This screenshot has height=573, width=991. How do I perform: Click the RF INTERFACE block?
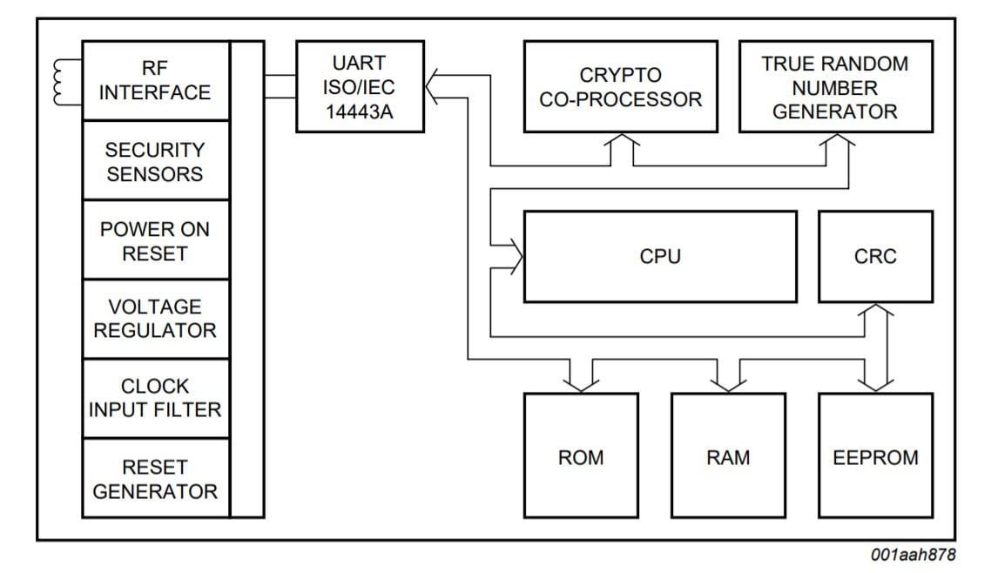pyautogui.click(x=156, y=80)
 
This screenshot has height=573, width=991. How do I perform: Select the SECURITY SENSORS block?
pyautogui.click(x=156, y=161)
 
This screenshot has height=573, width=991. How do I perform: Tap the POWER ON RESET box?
pyautogui.click(x=156, y=240)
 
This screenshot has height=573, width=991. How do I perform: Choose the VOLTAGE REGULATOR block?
pyautogui.click(x=156, y=319)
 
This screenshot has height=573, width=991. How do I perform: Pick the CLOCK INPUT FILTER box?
pyautogui.click(x=156, y=398)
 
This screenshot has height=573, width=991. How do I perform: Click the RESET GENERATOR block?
pyautogui.click(x=156, y=479)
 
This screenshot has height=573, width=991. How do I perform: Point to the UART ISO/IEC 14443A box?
pyautogui.click(x=359, y=87)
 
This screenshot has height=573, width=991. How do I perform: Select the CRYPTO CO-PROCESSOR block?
pyautogui.click(x=620, y=87)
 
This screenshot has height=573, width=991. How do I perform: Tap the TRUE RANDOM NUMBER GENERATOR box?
pyautogui.click(x=834, y=87)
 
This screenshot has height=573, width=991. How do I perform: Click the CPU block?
pyautogui.click(x=659, y=256)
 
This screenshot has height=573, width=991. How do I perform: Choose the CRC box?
pyautogui.click(x=874, y=256)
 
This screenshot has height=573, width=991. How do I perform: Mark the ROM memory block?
pyautogui.click(x=581, y=457)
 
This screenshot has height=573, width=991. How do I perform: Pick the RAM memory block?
pyautogui.click(x=728, y=457)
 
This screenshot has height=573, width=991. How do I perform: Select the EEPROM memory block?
pyautogui.click(x=874, y=457)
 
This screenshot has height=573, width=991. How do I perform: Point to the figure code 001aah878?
pyautogui.click(x=912, y=555)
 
